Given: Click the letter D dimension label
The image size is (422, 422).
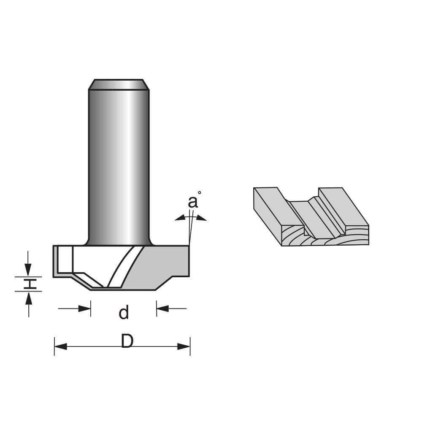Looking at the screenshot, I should point(127,341).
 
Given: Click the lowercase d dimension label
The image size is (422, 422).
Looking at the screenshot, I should point(123,313).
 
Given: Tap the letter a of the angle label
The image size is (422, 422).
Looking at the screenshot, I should point(192,203).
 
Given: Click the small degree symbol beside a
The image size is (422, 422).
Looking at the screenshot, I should point(200,193).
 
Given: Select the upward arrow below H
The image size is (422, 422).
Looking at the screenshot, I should point(28,298).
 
